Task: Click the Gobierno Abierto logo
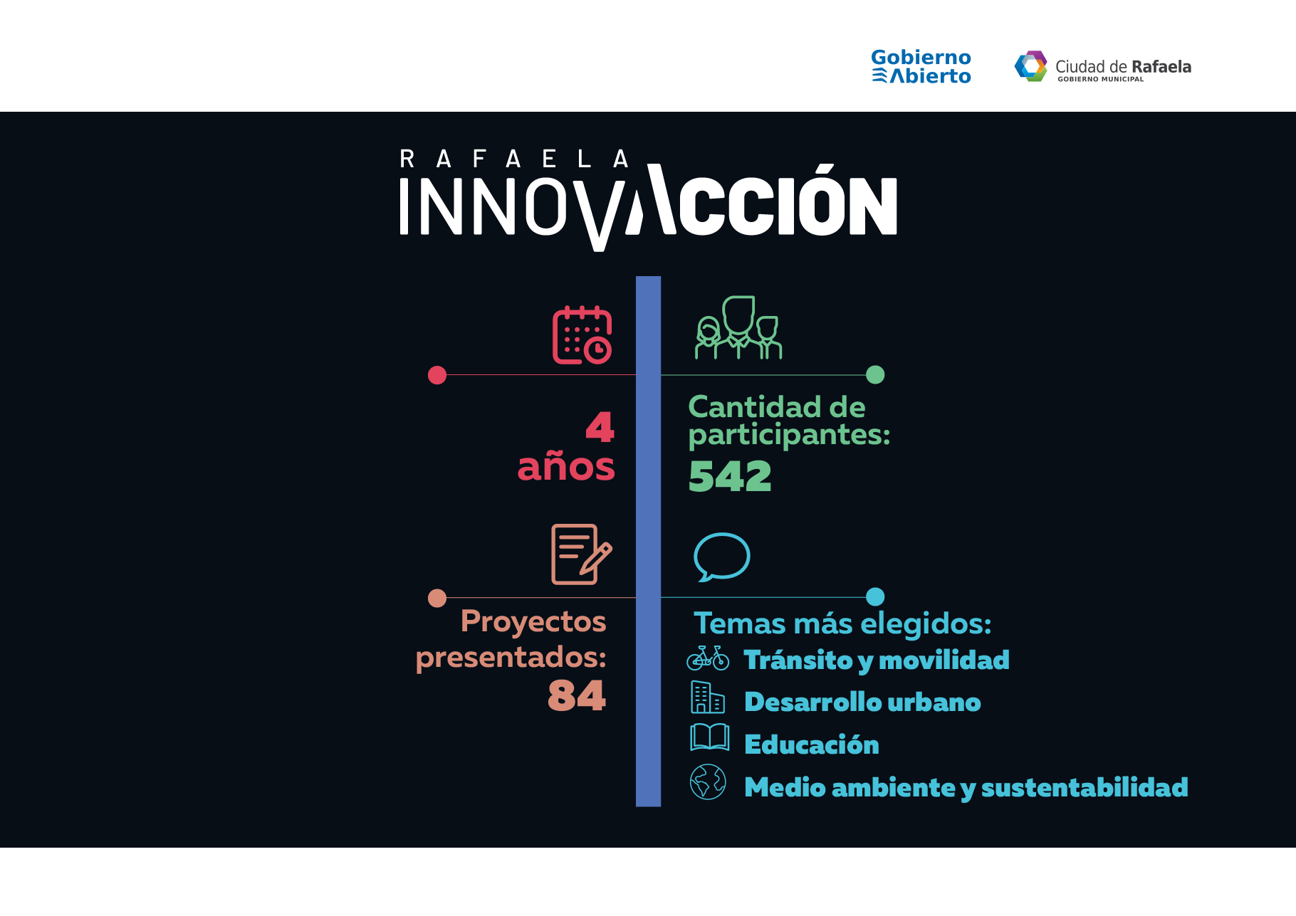[x=921, y=67]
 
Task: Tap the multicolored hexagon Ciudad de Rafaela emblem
[x=1030, y=66]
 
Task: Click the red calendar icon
[x=582, y=335]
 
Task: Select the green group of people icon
[x=738, y=327]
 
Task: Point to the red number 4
[x=600, y=427]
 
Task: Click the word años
[x=566, y=467]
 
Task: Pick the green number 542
[x=730, y=476]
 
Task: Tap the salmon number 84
[x=577, y=695]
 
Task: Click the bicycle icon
[x=708, y=658]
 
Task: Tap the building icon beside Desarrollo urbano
[x=707, y=697]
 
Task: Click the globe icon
[x=708, y=782]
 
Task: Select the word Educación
[x=812, y=744]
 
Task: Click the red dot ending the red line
[x=437, y=375]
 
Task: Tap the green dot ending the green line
[x=875, y=374]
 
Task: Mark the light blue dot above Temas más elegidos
[x=875, y=596]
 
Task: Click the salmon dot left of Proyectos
[x=437, y=598]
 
